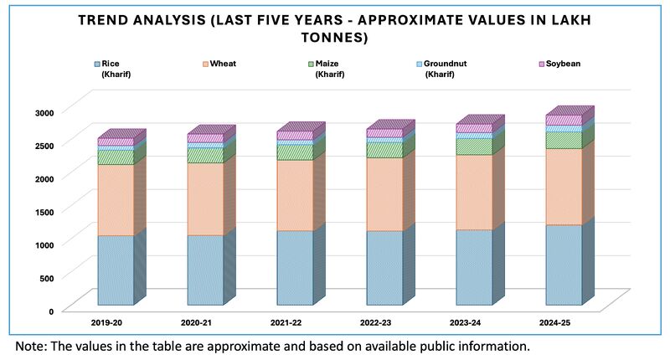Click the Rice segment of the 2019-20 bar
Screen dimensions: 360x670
(x=116, y=270)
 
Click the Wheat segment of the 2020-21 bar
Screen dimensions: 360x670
(x=205, y=198)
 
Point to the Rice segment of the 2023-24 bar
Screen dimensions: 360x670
(x=474, y=267)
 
